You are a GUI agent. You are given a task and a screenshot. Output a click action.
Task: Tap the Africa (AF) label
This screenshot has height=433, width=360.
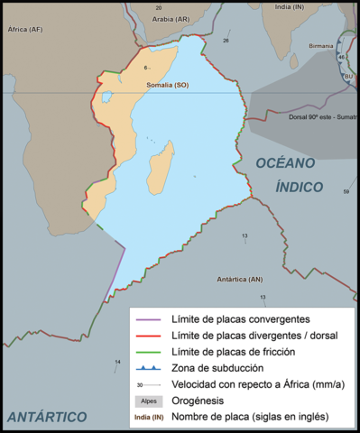click(x=24, y=29)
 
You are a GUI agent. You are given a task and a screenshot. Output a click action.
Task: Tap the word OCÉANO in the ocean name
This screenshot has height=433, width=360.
click(x=284, y=163)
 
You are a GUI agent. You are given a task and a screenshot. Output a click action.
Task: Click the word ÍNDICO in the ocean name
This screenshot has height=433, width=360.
click(x=300, y=187)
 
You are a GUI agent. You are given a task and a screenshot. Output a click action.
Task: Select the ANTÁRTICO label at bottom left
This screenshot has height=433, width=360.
click(x=46, y=416)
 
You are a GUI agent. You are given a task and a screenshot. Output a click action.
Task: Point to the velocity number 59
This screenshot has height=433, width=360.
click(x=346, y=191)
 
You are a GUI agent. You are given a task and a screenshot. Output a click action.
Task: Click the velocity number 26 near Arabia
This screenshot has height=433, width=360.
click(x=226, y=41)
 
